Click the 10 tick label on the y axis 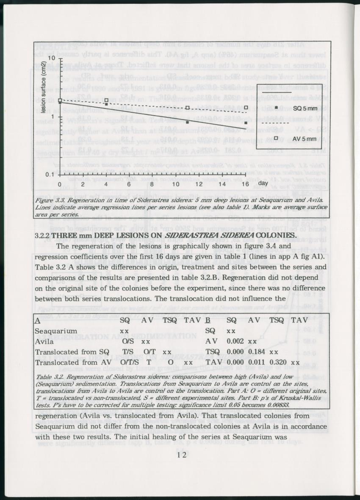click(x=50, y=58)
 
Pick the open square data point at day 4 click(x=106, y=101)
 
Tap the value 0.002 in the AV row click(x=235, y=341)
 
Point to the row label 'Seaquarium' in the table click(x=55, y=331)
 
